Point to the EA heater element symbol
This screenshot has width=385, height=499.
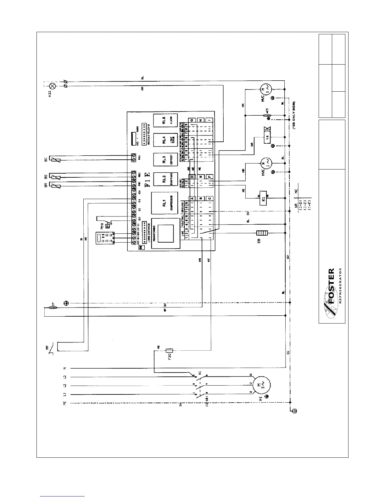click(261, 233)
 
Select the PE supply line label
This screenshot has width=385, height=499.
click(64, 403)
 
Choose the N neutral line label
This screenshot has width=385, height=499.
click(64, 368)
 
